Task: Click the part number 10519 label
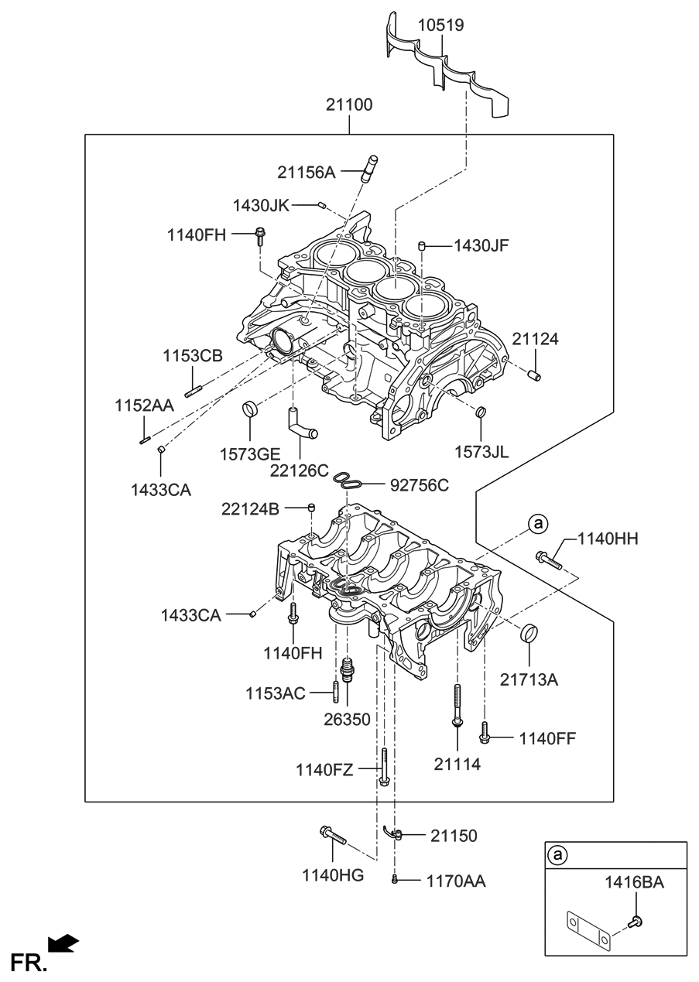440,25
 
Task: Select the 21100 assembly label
349,104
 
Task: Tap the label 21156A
306,173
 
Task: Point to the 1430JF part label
481,245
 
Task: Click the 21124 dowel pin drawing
533,376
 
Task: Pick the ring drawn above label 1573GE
250,408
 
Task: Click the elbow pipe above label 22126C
302,423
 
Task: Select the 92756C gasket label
420,485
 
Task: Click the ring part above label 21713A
529,632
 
